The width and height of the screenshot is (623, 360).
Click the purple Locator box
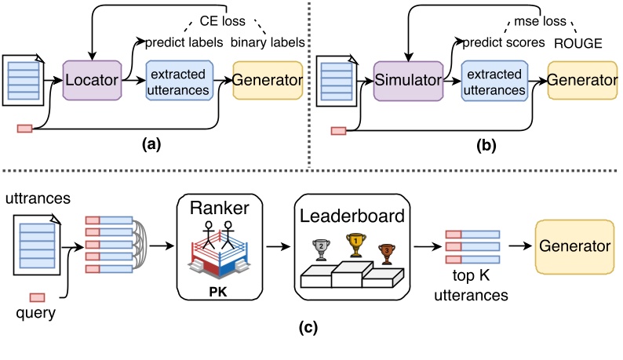point(93,80)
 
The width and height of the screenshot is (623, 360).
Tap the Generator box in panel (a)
point(268,80)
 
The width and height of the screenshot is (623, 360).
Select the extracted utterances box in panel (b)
point(494,80)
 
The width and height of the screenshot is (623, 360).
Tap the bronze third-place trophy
point(386,250)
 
